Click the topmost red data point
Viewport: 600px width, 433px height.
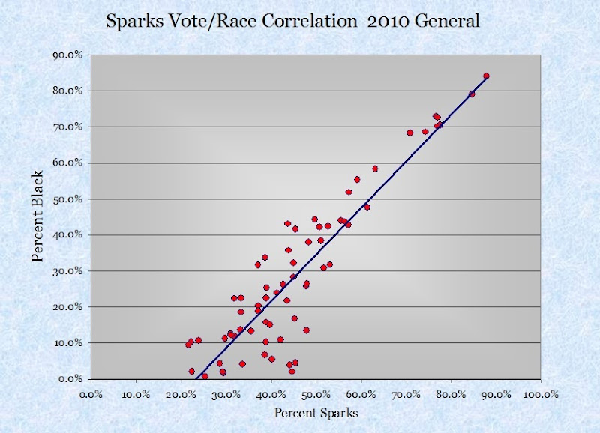point(486,76)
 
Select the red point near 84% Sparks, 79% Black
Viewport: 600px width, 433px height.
point(472,94)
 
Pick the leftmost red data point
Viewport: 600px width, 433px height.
point(187,345)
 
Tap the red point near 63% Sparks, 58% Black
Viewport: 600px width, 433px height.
point(375,169)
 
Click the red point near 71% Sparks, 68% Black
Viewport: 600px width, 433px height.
point(409,133)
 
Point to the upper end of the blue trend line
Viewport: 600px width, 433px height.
point(487,77)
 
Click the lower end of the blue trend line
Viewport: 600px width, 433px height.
point(194,378)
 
